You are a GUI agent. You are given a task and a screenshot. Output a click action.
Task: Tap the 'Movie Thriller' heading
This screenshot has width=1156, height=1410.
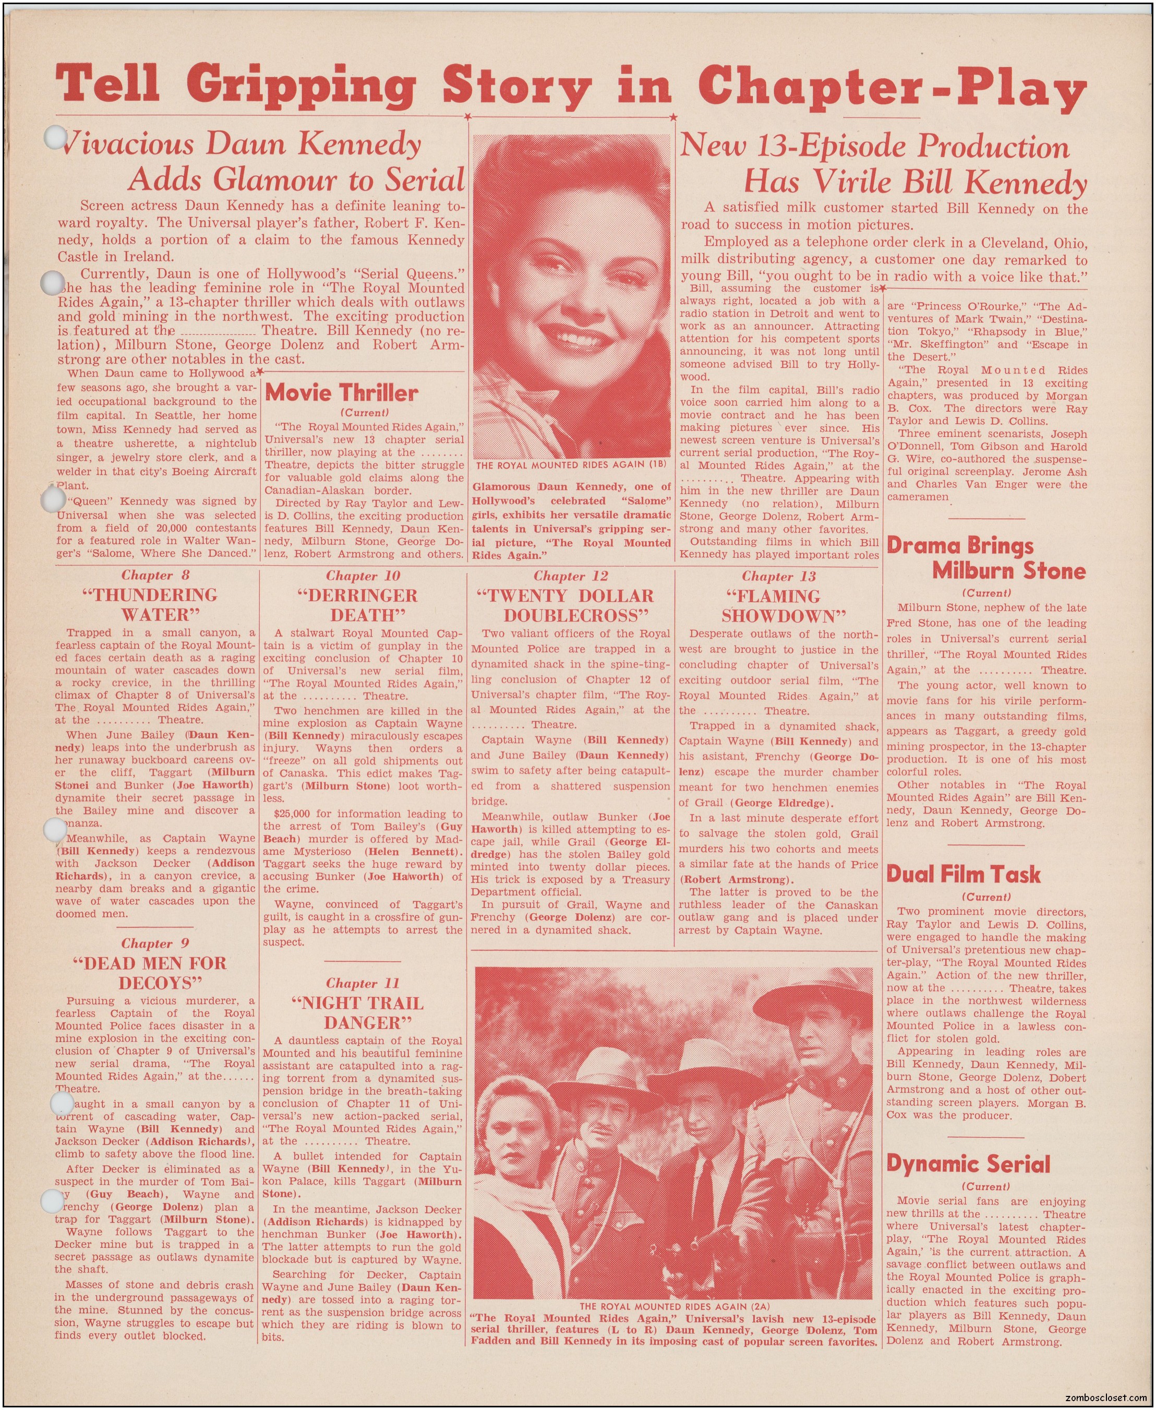point(341,393)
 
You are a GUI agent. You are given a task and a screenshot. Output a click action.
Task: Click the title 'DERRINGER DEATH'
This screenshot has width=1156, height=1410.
point(364,605)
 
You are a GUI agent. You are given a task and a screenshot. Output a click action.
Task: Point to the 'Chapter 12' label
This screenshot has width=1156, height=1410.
point(571,576)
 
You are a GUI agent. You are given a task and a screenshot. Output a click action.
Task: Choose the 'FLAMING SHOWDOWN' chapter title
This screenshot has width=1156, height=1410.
point(777,606)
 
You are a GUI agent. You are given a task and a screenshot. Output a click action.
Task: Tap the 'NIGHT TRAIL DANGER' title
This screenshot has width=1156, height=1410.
point(364,1012)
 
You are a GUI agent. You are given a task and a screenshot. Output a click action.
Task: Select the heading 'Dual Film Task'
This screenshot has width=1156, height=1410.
point(963,875)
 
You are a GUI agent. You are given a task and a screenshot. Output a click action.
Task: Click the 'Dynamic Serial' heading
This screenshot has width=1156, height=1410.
point(968,1164)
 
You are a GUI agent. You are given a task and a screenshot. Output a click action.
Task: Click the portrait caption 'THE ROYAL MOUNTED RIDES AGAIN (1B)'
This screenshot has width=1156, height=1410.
point(571,464)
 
